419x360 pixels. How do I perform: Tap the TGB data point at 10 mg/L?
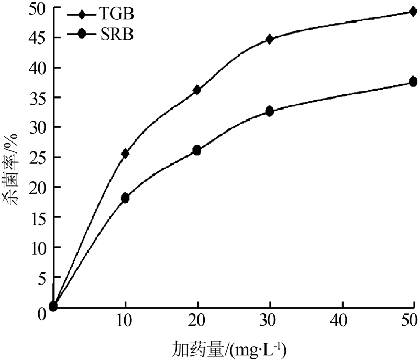pyautogui.click(x=125, y=154)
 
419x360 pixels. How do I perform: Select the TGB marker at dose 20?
pyautogui.click(x=197, y=90)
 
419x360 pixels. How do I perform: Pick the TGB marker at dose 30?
pyautogui.click(x=270, y=39)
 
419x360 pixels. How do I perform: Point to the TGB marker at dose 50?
pyautogui.click(x=413, y=12)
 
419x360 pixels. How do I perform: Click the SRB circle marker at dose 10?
pyautogui.click(x=125, y=198)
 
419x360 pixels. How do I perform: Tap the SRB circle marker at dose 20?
pyautogui.click(x=197, y=150)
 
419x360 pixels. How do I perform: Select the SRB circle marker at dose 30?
pyautogui.click(x=270, y=111)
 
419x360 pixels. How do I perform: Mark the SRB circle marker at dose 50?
pyautogui.click(x=413, y=82)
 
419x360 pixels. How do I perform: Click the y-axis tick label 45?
pyautogui.click(x=40, y=38)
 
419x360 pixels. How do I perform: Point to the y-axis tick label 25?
pyautogui.click(x=40, y=157)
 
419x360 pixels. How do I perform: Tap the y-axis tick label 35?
pyautogui.click(x=40, y=98)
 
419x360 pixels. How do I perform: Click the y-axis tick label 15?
pyautogui.click(x=40, y=217)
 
